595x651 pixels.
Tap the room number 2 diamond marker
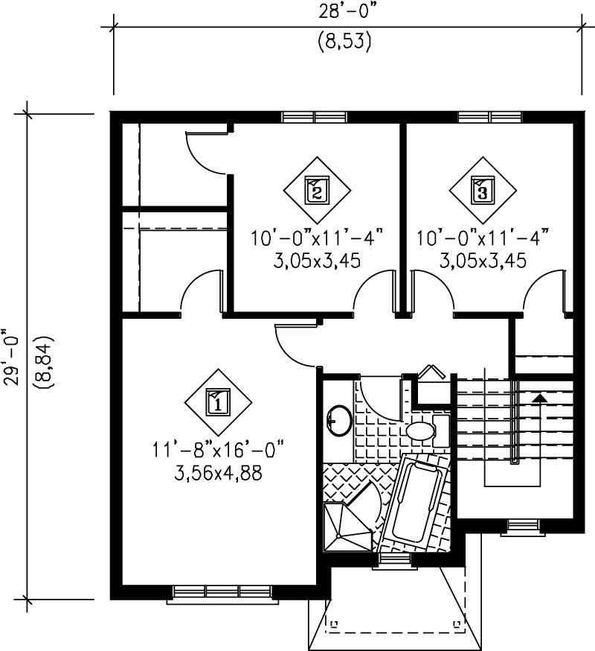[x=316, y=191]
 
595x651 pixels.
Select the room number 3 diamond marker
[x=483, y=191]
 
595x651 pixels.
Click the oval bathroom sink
[x=340, y=420]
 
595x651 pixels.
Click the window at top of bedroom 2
[x=315, y=117]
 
